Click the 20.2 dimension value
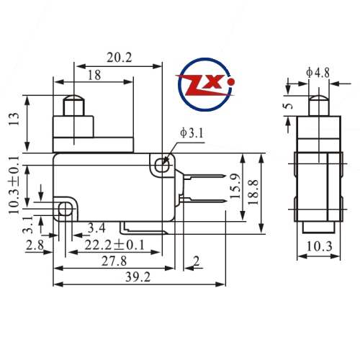120,58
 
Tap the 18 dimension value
94,75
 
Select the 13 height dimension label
14,119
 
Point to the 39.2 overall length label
138,277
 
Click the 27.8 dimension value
114,261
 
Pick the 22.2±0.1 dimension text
114,245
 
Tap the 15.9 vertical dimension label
235,186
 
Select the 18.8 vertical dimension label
253,192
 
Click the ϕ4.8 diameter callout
318,73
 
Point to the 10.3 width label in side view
320,246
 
